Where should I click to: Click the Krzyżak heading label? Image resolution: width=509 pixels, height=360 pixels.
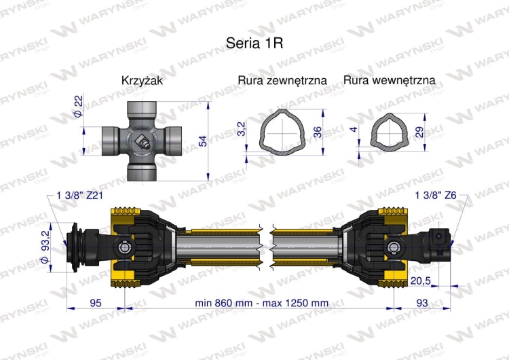(x=142, y=81)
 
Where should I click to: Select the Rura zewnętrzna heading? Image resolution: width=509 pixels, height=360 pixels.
(x=282, y=81)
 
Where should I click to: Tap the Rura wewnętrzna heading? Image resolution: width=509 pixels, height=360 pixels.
(x=390, y=81)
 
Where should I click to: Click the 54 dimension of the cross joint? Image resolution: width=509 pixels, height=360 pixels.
(x=202, y=140)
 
